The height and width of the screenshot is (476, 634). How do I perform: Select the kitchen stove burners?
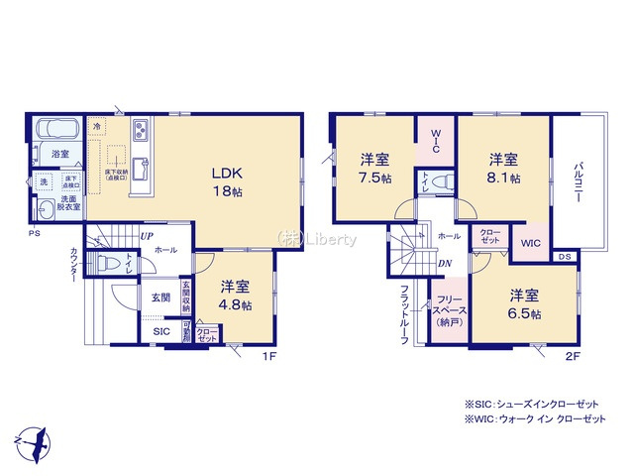point(139,129)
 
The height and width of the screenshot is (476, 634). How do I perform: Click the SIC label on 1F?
point(160,331)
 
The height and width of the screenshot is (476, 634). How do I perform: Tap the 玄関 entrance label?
point(160,297)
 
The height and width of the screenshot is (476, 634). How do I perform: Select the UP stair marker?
point(146,236)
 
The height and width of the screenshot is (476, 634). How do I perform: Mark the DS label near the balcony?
point(564,257)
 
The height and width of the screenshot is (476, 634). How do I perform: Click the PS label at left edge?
point(33,234)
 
